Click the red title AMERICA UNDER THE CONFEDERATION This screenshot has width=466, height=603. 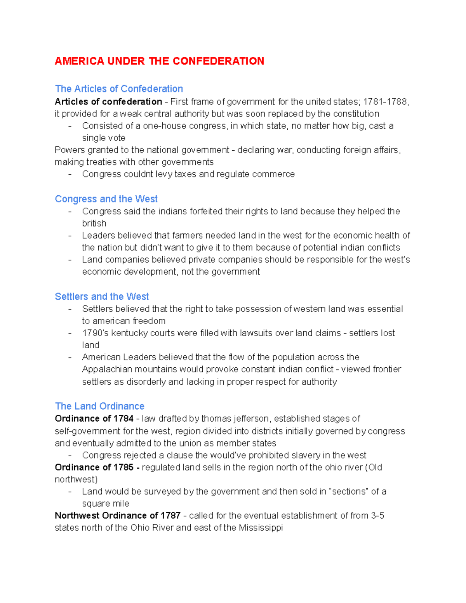pyautogui.click(x=159, y=61)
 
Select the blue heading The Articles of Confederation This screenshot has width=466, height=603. pyautogui.click(x=119, y=89)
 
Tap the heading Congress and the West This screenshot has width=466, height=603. pyautogui.click(x=106, y=199)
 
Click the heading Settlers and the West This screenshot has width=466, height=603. pyautogui.click(x=102, y=297)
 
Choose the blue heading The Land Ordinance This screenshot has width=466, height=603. pyautogui.click(x=99, y=406)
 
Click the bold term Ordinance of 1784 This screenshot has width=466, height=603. pyautogui.click(x=94, y=419)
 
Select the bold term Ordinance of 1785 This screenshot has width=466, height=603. pyautogui.click(x=94, y=467)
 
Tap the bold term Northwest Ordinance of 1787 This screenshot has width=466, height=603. pyautogui.click(x=117, y=516)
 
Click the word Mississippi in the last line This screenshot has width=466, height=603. pyautogui.click(x=261, y=528)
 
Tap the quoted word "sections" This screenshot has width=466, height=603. pyautogui.click(x=348, y=492)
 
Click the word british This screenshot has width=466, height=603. pyautogui.click(x=94, y=224)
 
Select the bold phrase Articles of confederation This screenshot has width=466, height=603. pyautogui.click(x=108, y=102)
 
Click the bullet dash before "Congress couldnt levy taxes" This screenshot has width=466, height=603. pyautogui.click(x=70, y=174)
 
